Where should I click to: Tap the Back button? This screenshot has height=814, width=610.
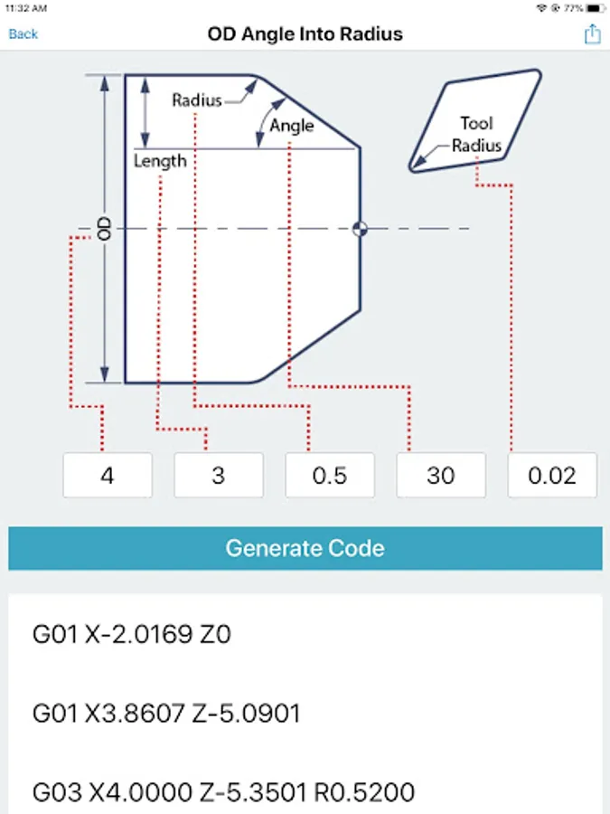23,34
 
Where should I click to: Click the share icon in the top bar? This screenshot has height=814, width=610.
592,34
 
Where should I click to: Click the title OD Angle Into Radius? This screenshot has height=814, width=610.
305,34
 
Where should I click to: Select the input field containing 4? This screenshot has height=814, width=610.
108,476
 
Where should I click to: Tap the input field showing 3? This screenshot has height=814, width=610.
219,476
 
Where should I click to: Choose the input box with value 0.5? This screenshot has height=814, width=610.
330,476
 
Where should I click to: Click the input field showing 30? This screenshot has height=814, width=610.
441,476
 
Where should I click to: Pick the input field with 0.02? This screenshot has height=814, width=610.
552,476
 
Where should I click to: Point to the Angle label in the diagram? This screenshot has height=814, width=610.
292,126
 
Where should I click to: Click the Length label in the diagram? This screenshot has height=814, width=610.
160,161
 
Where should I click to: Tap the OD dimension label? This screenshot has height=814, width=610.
105,228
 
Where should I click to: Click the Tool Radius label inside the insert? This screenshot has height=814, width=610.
476,134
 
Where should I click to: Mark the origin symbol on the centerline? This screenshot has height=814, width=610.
361,228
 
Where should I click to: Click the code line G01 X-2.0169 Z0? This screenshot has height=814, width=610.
132,634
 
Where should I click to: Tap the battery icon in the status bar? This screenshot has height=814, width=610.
597,7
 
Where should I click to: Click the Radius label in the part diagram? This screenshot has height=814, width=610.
197,100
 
